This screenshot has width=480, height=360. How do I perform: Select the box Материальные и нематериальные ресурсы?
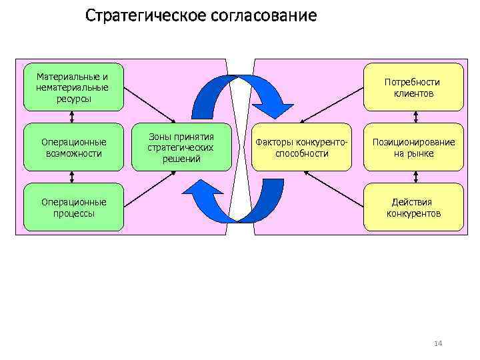(73, 87)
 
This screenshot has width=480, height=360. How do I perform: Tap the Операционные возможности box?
(73, 147)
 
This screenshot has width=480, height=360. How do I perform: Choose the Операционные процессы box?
(73, 207)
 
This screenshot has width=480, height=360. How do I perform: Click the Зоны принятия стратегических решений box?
(181, 147)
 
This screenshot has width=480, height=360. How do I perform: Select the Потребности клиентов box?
(413, 87)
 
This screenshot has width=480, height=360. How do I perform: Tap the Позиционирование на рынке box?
(413, 147)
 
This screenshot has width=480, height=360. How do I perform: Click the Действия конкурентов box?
(413, 207)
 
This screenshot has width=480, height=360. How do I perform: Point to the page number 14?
(438, 343)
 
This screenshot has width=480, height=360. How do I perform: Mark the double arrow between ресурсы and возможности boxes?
(71, 117)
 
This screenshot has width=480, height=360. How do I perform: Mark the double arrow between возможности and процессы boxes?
(71, 177)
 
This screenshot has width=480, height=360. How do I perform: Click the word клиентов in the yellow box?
(413, 94)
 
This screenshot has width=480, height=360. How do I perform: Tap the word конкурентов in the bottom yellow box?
(413, 214)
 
